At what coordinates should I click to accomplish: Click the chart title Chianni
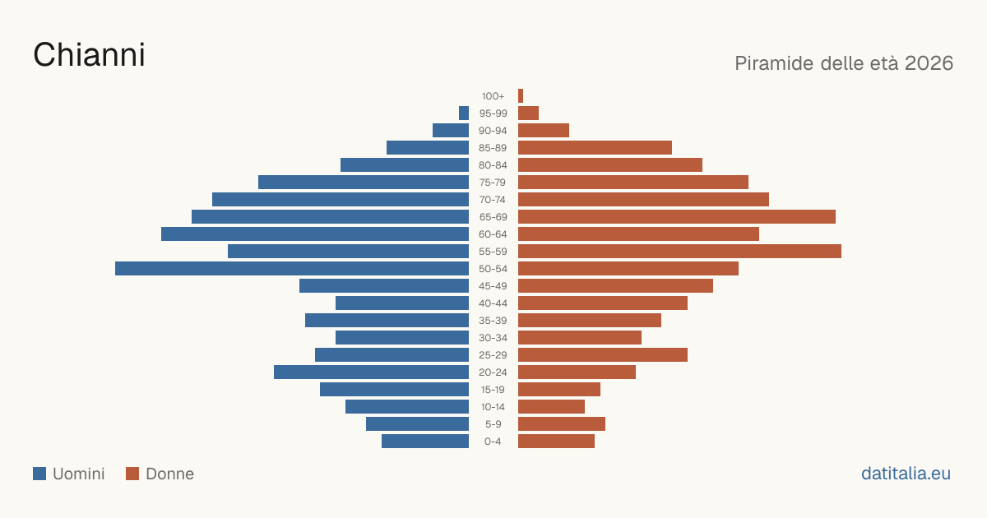(89, 55)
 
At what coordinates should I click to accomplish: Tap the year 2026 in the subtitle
(929, 63)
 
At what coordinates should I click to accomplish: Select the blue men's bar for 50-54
(292, 269)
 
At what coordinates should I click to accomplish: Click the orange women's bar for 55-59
(679, 252)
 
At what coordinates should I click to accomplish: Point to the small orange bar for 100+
(521, 96)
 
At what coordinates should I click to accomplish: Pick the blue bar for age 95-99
(464, 113)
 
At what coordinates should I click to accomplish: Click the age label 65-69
(493, 217)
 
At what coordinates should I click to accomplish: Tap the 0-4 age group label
(493, 442)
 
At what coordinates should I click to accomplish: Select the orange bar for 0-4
(556, 442)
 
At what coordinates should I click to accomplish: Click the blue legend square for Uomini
(39, 474)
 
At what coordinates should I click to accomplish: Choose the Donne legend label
(169, 474)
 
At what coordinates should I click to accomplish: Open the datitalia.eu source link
(906, 474)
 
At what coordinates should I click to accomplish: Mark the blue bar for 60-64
(314, 234)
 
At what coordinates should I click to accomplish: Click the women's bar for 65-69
(677, 217)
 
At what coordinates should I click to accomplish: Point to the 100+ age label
(493, 96)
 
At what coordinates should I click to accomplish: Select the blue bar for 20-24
(371, 372)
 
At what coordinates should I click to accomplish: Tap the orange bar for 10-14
(551, 406)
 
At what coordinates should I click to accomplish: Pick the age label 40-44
(493, 303)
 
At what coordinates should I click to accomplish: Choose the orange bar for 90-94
(544, 131)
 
